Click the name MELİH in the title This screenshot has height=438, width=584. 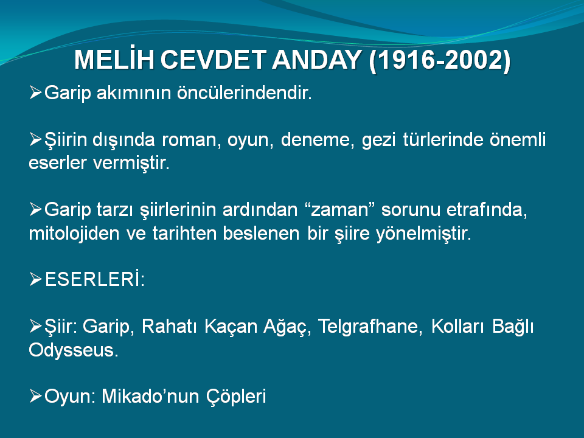pyautogui.click(x=114, y=59)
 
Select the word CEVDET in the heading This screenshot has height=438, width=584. pyautogui.click(x=213, y=60)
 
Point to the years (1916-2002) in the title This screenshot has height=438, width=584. pyautogui.click(x=439, y=60)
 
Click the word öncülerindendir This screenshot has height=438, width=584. pyautogui.click(x=245, y=92)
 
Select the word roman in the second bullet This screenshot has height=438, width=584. pyautogui.click(x=192, y=140)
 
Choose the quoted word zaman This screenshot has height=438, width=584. pyautogui.click(x=339, y=210)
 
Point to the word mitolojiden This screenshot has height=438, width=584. pyautogui.click(x=74, y=234)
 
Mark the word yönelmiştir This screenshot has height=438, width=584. pyautogui.click(x=423, y=234)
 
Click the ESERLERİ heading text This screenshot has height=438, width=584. pyautogui.click(x=95, y=279)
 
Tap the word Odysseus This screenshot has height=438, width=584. pyautogui.click(x=74, y=350)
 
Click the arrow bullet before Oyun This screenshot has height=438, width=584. pyautogui.click(x=35, y=396)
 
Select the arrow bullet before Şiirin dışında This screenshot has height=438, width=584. pyautogui.click(x=35, y=140)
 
